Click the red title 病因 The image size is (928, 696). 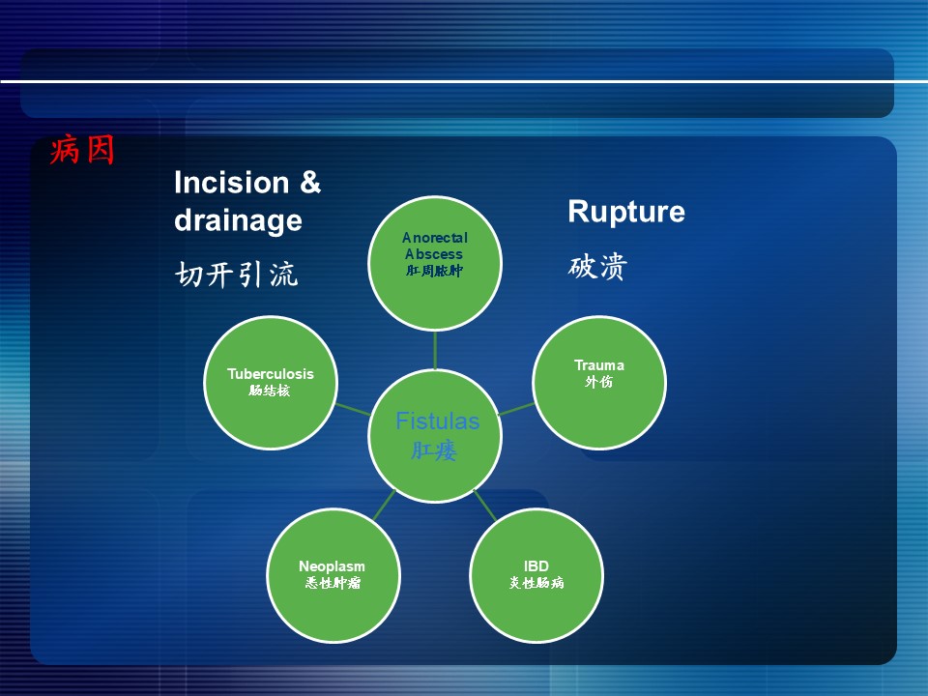point(81,149)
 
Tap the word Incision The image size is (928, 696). point(231,183)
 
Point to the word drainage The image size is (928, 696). point(238,220)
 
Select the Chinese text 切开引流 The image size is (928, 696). point(236,275)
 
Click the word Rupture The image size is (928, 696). point(626,212)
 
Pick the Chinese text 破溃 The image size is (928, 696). point(597,267)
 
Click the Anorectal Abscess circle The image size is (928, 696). point(435,263)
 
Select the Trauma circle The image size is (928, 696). point(599,383)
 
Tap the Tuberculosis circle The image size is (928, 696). point(271,383)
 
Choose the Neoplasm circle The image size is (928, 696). point(333,575)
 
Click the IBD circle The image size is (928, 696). point(536,575)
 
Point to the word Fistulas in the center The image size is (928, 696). point(437,420)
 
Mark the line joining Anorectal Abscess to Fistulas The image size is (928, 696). point(435,350)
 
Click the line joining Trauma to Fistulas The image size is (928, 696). point(516,409)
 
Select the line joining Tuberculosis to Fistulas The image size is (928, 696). point(354,409)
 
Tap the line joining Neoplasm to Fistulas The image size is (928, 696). point(384,505)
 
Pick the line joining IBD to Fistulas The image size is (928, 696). point(485,505)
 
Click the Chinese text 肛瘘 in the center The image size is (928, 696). point(434,451)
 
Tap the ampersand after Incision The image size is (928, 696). point(310,183)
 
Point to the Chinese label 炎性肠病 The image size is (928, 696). point(536,583)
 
